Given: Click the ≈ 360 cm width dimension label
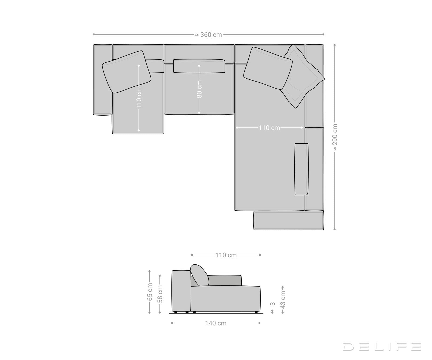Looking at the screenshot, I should (x=208, y=35).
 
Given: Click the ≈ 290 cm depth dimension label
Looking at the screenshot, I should (x=335, y=137).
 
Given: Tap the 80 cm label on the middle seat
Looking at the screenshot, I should (x=199, y=89).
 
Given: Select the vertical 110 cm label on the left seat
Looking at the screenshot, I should (x=139, y=97).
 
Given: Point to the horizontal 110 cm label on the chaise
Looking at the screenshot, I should (x=269, y=128).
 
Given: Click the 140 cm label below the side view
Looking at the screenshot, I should (x=216, y=323).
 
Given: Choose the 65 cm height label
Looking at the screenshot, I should (x=150, y=292).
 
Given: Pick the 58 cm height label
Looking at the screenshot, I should (x=160, y=294).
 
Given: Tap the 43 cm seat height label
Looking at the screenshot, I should (x=283, y=300).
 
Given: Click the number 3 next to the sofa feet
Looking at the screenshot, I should (x=273, y=304).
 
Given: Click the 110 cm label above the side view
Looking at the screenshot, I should (x=226, y=255).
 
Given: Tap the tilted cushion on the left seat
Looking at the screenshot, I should (x=126, y=72).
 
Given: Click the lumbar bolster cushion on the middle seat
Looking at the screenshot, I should (x=199, y=66).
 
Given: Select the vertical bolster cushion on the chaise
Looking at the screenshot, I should (x=301, y=169).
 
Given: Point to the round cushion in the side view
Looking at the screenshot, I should (x=200, y=275).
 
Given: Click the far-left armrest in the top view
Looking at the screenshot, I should (x=103, y=80).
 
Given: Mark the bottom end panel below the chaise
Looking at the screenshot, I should (x=288, y=221).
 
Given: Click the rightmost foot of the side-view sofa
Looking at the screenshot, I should (x=256, y=312).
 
